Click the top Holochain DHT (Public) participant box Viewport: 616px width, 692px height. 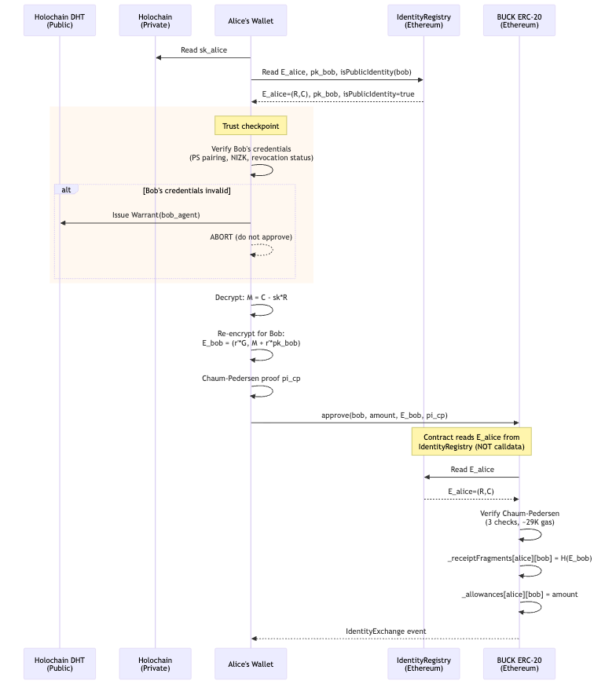[x=60, y=20]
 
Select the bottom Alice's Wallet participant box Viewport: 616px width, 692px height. [x=251, y=664]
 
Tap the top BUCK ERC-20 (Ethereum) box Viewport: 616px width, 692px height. [x=519, y=20]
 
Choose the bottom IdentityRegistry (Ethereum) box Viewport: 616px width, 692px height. [x=423, y=664]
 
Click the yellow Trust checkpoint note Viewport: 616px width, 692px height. [x=251, y=126]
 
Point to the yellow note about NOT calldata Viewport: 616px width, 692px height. [x=471, y=441]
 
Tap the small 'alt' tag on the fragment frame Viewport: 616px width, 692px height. [x=66, y=189]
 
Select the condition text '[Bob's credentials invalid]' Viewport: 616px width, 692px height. [x=186, y=191]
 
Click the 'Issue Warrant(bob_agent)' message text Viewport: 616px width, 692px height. [x=156, y=214]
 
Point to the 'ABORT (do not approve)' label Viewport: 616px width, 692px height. [x=251, y=237]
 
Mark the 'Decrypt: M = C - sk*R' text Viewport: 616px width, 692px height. [x=251, y=298]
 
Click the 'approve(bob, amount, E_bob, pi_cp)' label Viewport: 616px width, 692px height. [x=384, y=415]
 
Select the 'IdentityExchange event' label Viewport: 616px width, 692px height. [x=385, y=631]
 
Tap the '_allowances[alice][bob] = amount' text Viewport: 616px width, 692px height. [x=519, y=594]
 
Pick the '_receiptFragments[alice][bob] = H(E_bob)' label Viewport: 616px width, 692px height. [x=519, y=558]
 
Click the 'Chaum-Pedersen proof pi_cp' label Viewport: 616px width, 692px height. [x=251, y=379]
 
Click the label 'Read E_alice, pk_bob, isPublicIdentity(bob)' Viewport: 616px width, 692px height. [x=336, y=72]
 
